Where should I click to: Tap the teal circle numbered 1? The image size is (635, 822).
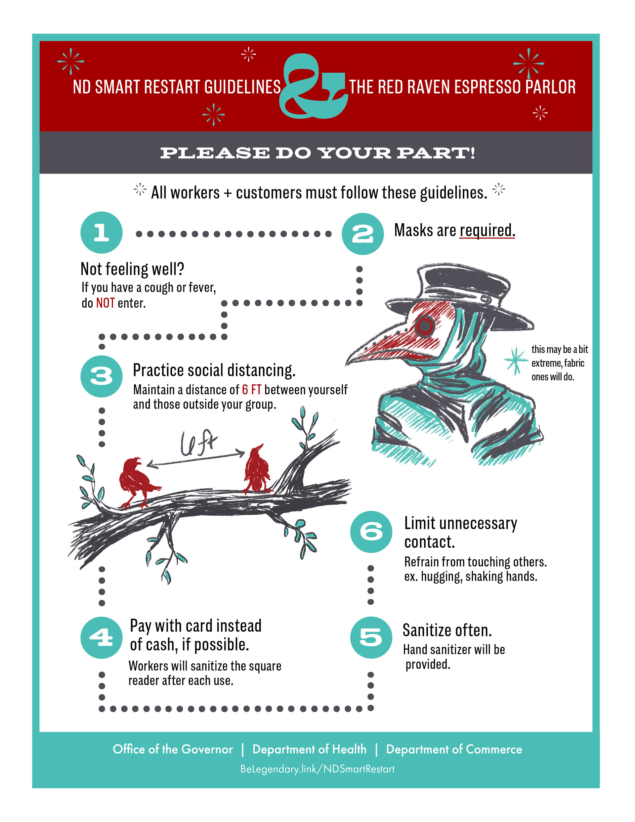pos(101,232)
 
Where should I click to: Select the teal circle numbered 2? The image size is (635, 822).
pos(362,234)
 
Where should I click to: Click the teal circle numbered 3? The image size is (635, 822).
pos(101,376)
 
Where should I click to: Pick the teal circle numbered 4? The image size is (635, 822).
pos(101,637)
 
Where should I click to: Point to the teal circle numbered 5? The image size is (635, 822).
pos(371,637)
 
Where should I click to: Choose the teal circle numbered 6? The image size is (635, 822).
pos(371,532)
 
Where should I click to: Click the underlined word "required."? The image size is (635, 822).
pos(487,230)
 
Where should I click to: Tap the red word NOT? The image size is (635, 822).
pos(105,303)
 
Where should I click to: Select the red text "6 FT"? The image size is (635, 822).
pos(251,390)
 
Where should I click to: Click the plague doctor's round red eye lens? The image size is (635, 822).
pos(425,325)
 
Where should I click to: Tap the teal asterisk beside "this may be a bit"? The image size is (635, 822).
pos(516,361)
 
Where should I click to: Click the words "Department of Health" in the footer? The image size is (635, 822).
pos(309,749)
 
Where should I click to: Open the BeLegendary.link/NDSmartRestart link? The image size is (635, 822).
pos(317,768)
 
